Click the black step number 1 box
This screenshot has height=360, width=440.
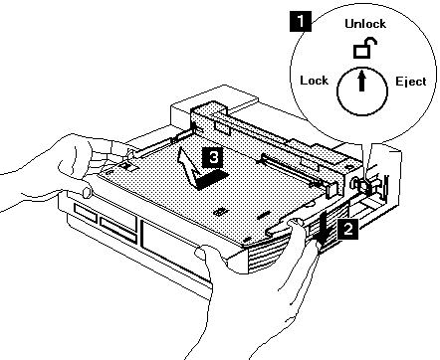[x=301, y=21]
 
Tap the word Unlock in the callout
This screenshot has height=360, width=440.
[x=365, y=24]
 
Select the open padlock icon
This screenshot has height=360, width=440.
[x=364, y=49]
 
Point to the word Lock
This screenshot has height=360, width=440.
[x=314, y=81]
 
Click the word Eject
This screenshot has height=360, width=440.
[x=411, y=82]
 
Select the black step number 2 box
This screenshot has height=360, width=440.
[x=347, y=229]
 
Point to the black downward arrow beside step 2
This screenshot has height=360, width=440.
[x=324, y=229]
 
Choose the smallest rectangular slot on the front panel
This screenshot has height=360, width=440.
[x=86, y=212]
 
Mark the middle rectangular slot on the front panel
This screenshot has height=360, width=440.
[x=118, y=229]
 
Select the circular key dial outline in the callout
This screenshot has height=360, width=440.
[x=362, y=91]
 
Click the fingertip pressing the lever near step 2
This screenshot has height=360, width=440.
[x=297, y=224]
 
